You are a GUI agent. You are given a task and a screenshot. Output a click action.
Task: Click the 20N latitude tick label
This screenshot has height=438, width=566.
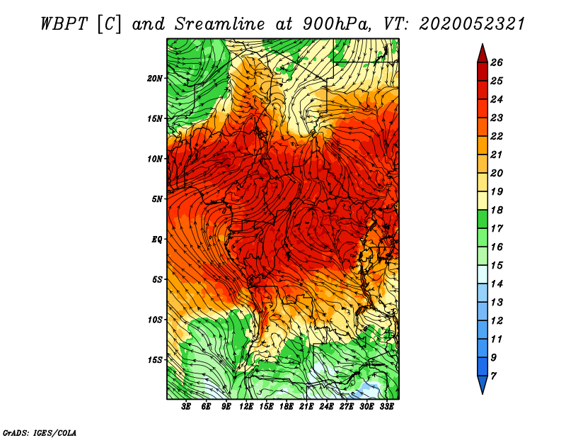point(155,79)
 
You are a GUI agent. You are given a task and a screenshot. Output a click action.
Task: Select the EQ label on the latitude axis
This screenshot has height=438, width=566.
point(156,240)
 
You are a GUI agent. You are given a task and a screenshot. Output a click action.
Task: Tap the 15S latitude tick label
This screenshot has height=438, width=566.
point(155,360)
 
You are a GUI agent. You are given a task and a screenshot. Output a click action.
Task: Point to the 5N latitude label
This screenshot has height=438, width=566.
point(157,199)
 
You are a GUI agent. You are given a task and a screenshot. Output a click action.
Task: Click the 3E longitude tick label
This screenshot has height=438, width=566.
point(186,407)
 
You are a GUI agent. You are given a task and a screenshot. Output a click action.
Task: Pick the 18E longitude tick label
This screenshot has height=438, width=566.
point(287,407)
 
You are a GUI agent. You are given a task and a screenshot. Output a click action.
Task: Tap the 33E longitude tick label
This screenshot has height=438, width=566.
point(386,407)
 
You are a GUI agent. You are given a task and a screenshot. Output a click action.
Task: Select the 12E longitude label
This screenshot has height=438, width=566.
point(246,407)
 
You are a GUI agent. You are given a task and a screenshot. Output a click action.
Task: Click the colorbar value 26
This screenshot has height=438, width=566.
point(497,62)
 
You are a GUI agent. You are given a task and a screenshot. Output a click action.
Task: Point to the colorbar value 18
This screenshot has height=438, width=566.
point(497,210)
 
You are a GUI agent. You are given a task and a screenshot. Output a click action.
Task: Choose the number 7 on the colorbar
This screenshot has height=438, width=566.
point(494,376)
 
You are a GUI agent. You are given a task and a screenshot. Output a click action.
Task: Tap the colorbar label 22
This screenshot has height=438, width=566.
point(497,136)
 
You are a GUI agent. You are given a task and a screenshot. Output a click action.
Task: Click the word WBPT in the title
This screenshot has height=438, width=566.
point(64,24)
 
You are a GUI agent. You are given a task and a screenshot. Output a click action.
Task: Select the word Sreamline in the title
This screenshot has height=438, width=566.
point(220,24)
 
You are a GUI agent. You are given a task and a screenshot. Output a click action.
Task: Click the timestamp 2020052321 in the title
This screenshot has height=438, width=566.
point(472,24)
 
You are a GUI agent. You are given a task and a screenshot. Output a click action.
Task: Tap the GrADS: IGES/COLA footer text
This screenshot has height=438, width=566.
point(40,433)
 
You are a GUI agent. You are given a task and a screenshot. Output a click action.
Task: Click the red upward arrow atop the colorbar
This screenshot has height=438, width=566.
point(483,55)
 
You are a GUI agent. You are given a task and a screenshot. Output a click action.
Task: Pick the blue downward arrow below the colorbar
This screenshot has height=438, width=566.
point(483,383)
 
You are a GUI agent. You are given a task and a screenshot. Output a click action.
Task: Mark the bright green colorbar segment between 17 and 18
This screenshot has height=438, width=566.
point(483,219)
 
